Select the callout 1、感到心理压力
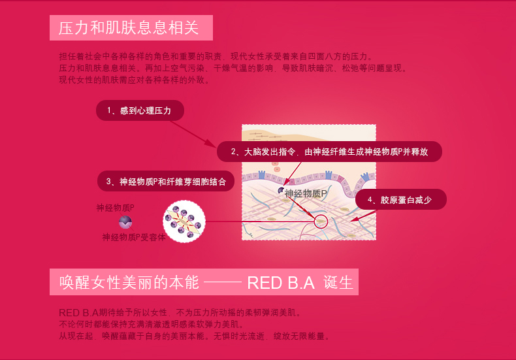[x=140, y=110]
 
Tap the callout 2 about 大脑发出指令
[x=329, y=152]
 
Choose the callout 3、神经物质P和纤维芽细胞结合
[x=166, y=181]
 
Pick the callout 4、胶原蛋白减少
[x=401, y=199]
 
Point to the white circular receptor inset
[x=184, y=221]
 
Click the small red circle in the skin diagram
[x=321, y=221]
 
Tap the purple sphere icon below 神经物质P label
[x=125, y=222]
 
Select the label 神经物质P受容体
[x=134, y=237]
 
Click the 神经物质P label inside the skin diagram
[x=306, y=193]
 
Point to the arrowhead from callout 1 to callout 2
[x=210, y=144]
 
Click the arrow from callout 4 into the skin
[x=363, y=216]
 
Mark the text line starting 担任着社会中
[x=216, y=56]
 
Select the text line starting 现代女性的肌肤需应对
[x=135, y=80]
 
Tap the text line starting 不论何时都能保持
[x=152, y=325]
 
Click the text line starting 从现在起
[x=195, y=336]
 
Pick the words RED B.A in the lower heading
[x=281, y=283]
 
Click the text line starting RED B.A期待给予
[x=180, y=312]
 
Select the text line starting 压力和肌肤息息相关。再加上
[x=233, y=68]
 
